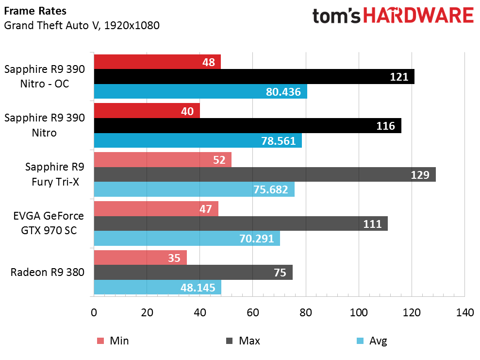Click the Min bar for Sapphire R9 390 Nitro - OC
[x=157, y=62]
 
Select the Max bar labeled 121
[x=254, y=77]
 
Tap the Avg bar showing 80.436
[x=200, y=91]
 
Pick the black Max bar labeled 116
[x=248, y=126]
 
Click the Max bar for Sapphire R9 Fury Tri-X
[x=265, y=174]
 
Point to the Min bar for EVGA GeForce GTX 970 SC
[x=156, y=208]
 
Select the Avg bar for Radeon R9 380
[x=158, y=287]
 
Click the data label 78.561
[x=278, y=141]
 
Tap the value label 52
[x=219, y=160]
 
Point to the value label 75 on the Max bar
[x=280, y=273]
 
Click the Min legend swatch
[x=100, y=341]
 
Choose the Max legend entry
[x=243, y=341]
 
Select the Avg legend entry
[x=372, y=341]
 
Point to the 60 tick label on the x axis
[x=252, y=312]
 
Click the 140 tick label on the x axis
[x=464, y=312]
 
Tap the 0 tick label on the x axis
[x=94, y=312]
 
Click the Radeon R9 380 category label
[x=48, y=272]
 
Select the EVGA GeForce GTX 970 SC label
[x=49, y=223]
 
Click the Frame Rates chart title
[x=35, y=11]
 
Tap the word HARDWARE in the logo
[x=418, y=16]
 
